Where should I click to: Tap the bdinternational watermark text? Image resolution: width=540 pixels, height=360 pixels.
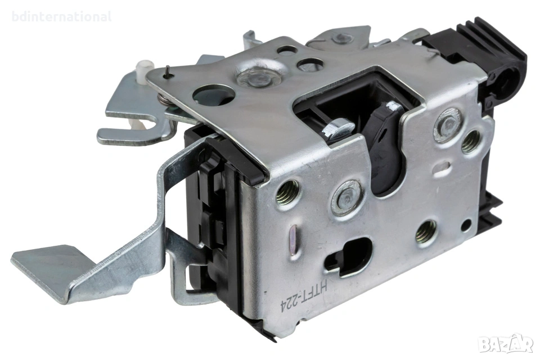click(62, 16)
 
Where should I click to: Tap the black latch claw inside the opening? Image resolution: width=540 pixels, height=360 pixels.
click(385, 145)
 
